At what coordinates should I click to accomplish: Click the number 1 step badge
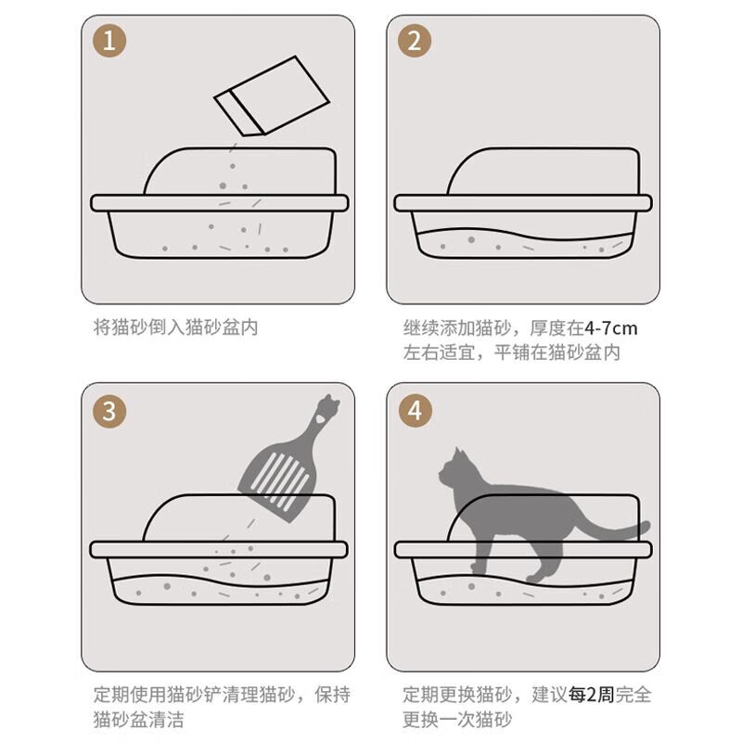(110, 42)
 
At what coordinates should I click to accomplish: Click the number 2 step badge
(415, 42)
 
